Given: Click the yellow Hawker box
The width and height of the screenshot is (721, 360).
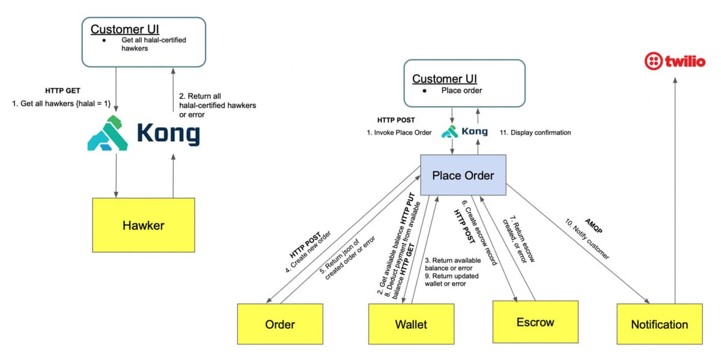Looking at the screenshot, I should point(144,225).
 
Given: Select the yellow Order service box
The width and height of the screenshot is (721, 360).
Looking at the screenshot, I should point(280,324).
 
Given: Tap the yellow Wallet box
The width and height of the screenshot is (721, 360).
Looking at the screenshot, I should point(411,324).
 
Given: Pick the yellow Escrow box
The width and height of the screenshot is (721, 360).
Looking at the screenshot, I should point(535,322).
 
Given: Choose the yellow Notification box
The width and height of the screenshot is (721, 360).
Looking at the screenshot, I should point(659,324).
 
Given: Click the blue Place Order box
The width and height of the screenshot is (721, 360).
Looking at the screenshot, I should point(463,175).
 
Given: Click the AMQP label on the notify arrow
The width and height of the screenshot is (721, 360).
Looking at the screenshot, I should point(593,226).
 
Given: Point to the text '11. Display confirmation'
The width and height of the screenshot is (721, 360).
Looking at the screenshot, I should point(535,132).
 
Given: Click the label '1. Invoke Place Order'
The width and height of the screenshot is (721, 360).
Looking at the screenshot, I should point(399,132).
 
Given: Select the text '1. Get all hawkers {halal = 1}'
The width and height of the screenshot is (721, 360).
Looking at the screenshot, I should point(61,104).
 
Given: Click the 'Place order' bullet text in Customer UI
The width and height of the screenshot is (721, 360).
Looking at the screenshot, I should point(461,91).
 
